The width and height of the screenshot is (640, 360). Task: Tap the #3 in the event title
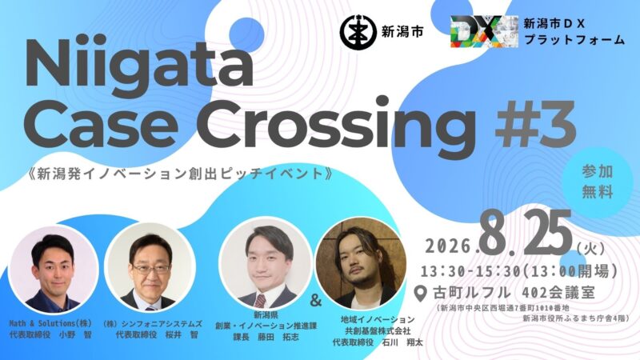pos(535,122)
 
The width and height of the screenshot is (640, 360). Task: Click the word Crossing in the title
pos(338,122)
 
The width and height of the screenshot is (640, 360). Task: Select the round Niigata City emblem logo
pos(358,32)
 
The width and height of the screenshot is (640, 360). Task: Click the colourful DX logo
pos(484,31)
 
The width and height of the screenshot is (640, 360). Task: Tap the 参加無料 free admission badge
pos(597,182)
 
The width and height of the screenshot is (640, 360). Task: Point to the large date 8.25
pos(527,234)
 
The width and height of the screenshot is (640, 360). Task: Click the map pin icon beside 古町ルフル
pos(421,294)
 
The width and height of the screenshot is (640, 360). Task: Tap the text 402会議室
pos(558,293)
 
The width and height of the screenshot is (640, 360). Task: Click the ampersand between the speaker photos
pos(316,301)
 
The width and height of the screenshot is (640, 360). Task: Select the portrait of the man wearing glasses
pos(150,267)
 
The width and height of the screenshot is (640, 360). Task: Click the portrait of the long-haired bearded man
pos(362,263)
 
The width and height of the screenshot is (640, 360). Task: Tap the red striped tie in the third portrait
pos(260,301)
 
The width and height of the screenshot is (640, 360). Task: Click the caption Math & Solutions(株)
pos(50,323)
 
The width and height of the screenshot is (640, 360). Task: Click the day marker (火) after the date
pos(591,248)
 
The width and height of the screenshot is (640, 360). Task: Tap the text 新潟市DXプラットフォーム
pos(574,31)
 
